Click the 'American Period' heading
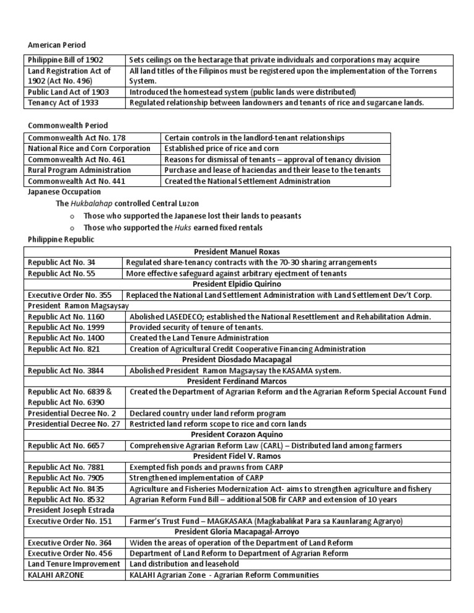[57, 45]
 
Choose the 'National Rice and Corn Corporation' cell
[89, 149]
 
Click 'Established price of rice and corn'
[221, 149]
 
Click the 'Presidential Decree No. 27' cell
[75, 424]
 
